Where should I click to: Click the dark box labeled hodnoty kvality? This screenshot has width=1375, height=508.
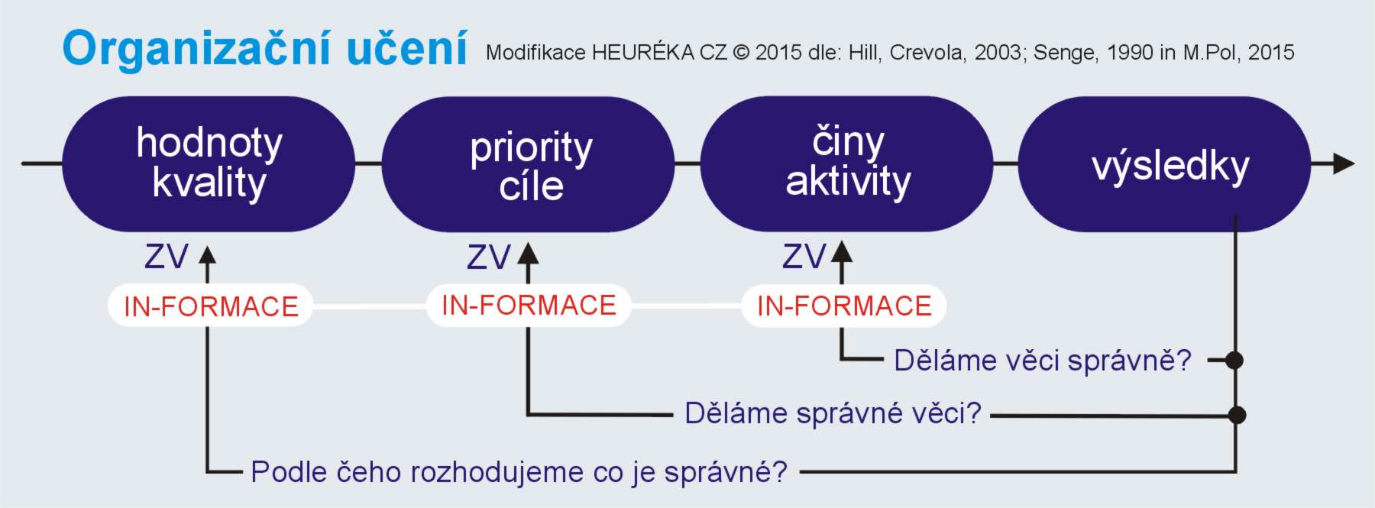point(209,163)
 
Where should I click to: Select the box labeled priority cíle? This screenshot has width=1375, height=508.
point(528,164)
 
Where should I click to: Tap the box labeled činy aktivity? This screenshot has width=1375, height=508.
point(846,163)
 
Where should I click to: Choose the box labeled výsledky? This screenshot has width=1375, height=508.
point(1165,164)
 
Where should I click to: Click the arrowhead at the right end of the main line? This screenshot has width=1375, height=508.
point(1344,163)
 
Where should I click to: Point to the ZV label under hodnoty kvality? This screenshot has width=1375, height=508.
point(167,257)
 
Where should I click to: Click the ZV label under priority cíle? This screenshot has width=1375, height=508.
point(489,257)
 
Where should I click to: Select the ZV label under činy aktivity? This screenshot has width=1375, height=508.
point(804,257)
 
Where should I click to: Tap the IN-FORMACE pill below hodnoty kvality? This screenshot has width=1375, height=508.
point(210,306)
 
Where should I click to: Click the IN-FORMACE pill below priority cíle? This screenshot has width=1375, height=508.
point(529,305)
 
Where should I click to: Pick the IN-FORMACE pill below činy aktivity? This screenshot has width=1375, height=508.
point(844,306)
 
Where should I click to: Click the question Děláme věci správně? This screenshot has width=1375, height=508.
point(1043,360)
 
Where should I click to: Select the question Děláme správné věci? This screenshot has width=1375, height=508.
point(833,413)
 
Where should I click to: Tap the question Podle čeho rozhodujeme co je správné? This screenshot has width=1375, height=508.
point(519,471)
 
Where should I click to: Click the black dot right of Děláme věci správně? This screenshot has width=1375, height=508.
point(1234,360)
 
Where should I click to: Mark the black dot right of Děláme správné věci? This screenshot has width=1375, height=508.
point(1237,415)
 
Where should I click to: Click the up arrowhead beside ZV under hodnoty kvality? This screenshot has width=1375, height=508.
point(208,254)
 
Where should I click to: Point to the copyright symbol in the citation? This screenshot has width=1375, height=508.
point(741,53)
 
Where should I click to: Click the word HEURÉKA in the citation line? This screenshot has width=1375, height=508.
point(642,52)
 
